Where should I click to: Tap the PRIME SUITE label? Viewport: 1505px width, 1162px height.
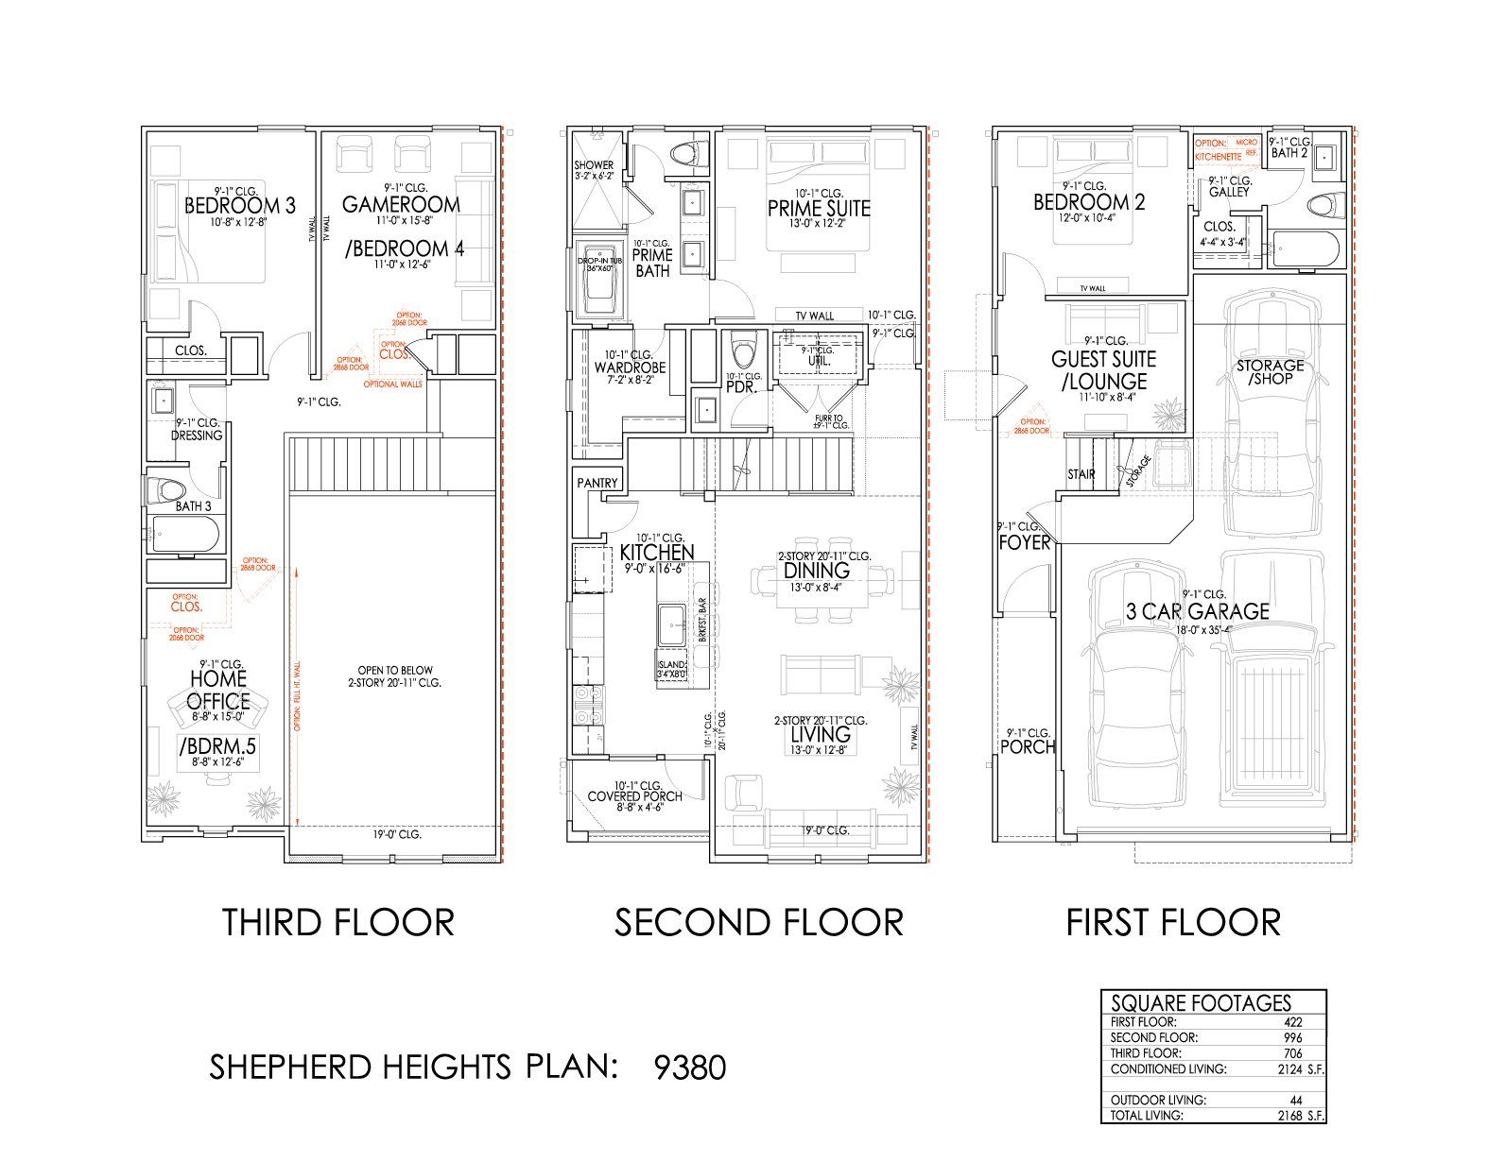pos(819,208)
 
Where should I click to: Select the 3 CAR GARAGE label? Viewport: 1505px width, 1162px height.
pos(1198,611)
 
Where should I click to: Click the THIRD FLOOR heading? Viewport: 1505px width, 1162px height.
pos(338,922)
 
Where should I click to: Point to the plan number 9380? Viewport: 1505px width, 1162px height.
pos(690,1068)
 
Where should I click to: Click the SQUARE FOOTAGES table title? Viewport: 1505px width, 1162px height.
pos(1201,1003)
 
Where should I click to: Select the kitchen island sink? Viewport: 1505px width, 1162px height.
pos(673,624)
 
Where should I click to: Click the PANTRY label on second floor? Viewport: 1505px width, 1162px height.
pos(597,483)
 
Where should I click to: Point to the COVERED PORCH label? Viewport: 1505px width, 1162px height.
pos(634,796)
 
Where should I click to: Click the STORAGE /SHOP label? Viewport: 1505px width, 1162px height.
pos(1270,371)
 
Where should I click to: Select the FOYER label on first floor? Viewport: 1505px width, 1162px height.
pos(1024,542)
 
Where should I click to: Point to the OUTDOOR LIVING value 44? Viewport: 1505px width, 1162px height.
pos(1295,1100)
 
